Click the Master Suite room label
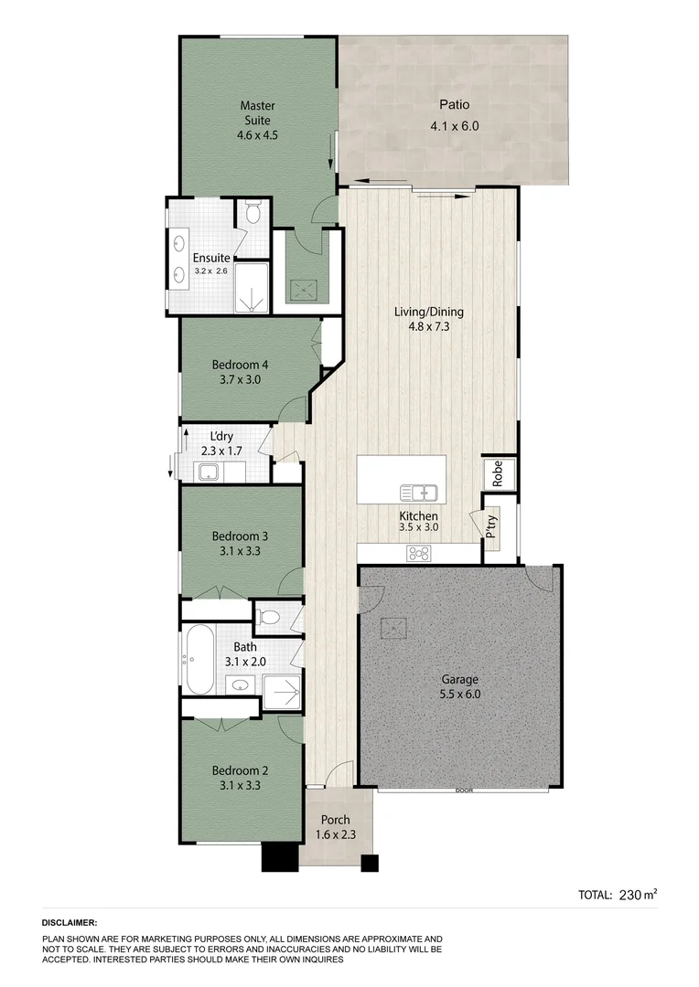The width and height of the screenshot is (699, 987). point(257,112)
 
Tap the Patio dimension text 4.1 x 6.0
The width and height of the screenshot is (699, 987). point(454,127)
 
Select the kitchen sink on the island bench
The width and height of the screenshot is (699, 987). point(419,493)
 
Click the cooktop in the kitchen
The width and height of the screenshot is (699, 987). point(419,552)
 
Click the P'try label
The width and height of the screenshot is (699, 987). point(491,527)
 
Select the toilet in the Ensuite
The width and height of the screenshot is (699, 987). point(255,214)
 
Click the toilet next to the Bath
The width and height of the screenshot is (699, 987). point(269,617)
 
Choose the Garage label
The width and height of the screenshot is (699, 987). point(460,679)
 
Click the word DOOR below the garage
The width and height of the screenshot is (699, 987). point(463,791)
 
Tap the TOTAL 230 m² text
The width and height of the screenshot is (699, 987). point(618,895)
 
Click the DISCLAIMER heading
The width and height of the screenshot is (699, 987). point(70,924)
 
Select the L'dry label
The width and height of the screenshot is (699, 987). point(222,436)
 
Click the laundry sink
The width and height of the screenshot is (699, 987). point(208,472)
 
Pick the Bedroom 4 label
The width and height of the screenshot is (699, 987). point(240,364)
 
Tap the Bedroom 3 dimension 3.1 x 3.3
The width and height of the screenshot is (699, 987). point(240,551)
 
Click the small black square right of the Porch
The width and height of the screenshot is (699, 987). point(370,863)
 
